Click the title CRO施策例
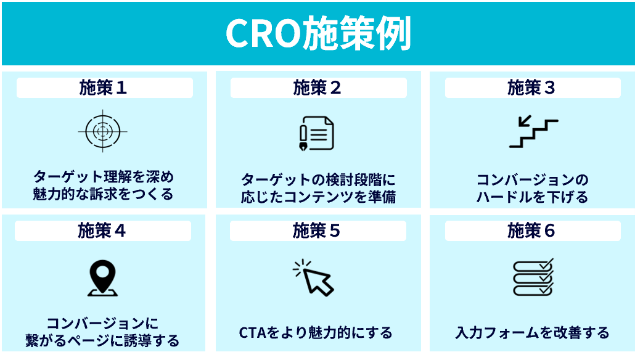click(317, 33)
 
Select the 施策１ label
click(104, 88)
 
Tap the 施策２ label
click(317, 88)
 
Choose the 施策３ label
click(531, 88)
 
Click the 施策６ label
click(531, 231)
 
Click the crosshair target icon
click(103, 131)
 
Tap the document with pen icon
click(316, 133)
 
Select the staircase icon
click(533, 132)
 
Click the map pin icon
click(102, 278)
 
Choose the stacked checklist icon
click(533, 277)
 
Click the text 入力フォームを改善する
click(532, 333)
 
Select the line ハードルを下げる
click(533, 198)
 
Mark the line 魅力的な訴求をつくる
click(103, 194)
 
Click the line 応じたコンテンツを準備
click(317, 198)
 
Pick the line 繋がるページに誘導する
click(102, 340)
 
